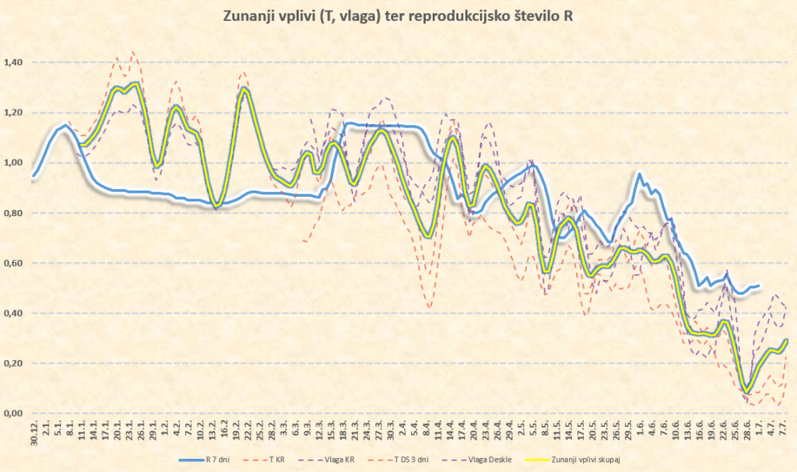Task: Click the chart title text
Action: point(398,16)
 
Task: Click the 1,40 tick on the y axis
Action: point(14,62)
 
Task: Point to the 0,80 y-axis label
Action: point(14,213)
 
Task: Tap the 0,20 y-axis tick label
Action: point(14,363)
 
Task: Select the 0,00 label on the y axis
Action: point(14,414)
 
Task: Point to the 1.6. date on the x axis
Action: point(640,429)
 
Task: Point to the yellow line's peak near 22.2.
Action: point(244,89)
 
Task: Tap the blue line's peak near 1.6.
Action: point(640,174)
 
